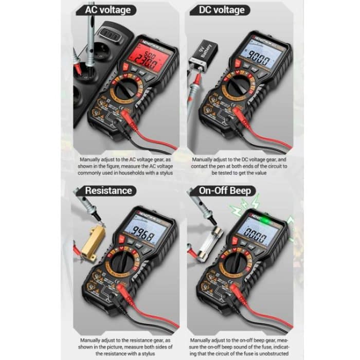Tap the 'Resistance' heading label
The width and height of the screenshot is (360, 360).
tap(108, 190)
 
